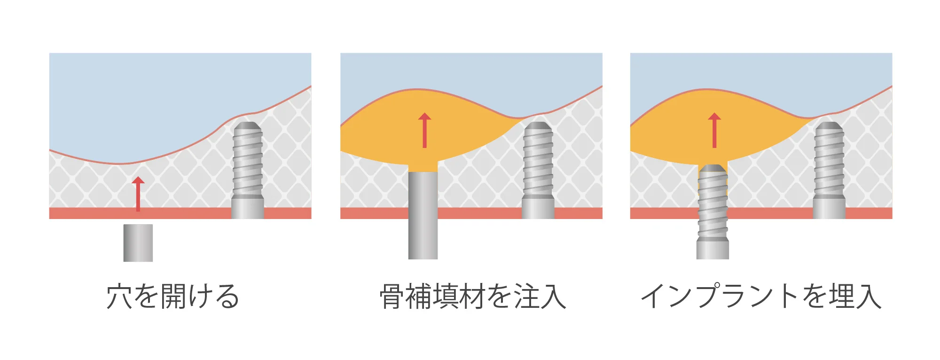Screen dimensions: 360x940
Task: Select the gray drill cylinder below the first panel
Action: tap(138, 243)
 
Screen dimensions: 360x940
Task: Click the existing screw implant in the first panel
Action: tap(248, 169)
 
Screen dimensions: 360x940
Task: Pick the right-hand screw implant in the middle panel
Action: tap(538, 169)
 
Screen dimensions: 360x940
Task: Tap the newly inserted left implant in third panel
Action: tap(713, 211)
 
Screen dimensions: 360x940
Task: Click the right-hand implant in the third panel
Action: tap(829, 169)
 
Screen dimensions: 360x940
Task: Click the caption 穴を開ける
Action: tap(173, 297)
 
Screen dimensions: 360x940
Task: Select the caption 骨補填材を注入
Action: tap(472, 297)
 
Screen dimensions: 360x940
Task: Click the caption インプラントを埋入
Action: tap(761, 297)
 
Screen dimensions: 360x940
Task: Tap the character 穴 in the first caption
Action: tap(119, 297)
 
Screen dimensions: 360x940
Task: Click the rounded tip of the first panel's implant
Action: tap(248, 127)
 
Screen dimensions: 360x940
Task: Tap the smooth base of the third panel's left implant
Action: tap(713, 249)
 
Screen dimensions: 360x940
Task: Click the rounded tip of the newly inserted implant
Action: tap(713, 168)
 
